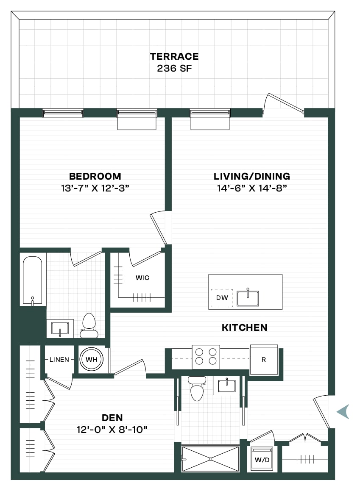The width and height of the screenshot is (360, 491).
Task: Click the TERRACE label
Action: tap(174, 56)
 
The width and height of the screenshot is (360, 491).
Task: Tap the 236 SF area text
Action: tap(174, 68)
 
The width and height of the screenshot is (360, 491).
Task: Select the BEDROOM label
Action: tap(95, 176)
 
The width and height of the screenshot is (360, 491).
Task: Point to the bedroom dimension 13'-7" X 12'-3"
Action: tap(95, 188)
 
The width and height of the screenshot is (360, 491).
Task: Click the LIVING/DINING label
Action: tap(252, 176)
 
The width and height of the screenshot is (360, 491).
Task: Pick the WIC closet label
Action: tap(142, 278)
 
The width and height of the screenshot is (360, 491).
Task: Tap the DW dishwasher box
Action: tap(222, 298)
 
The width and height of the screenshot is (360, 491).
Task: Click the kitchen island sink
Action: tap(248, 298)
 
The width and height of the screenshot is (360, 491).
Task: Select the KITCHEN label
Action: tap(244, 327)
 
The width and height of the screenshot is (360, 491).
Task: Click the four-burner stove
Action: tap(206, 357)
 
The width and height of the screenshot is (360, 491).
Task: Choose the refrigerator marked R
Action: tap(264, 360)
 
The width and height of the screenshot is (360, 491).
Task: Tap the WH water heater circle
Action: tap(92, 360)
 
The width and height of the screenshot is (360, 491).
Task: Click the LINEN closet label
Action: tap(59, 360)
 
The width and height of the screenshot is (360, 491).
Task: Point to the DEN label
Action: tap(112, 418)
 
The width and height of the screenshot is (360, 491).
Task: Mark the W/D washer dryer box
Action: tap(262, 459)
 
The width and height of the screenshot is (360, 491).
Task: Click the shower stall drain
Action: tap(211, 459)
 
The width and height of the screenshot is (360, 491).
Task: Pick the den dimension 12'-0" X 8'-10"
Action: tap(112, 430)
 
